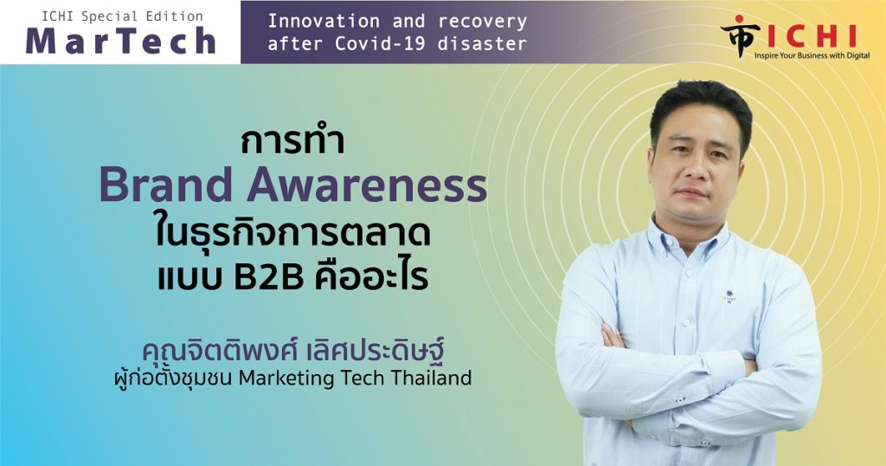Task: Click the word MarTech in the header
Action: pyautogui.click(x=121, y=42)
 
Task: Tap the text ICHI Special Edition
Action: pyautogui.click(x=122, y=16)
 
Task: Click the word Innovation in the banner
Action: pyautogui.click(x=324, y=22)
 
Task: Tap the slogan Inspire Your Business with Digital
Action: pyautogui.click(x=812, y=55)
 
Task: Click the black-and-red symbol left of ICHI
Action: pyautogui.click(x=740, y=36)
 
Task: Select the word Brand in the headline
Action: pyautogui.click(x=166, y=185)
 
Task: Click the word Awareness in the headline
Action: pyautogui.click(x=367, y=185)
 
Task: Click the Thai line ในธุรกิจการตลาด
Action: pyautogui.click(x=292, y=234)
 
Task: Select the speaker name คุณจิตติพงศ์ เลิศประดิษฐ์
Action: pyautogui.click(x=292, y=350)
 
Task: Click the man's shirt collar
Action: pyautogui.click(x=691, y=234)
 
